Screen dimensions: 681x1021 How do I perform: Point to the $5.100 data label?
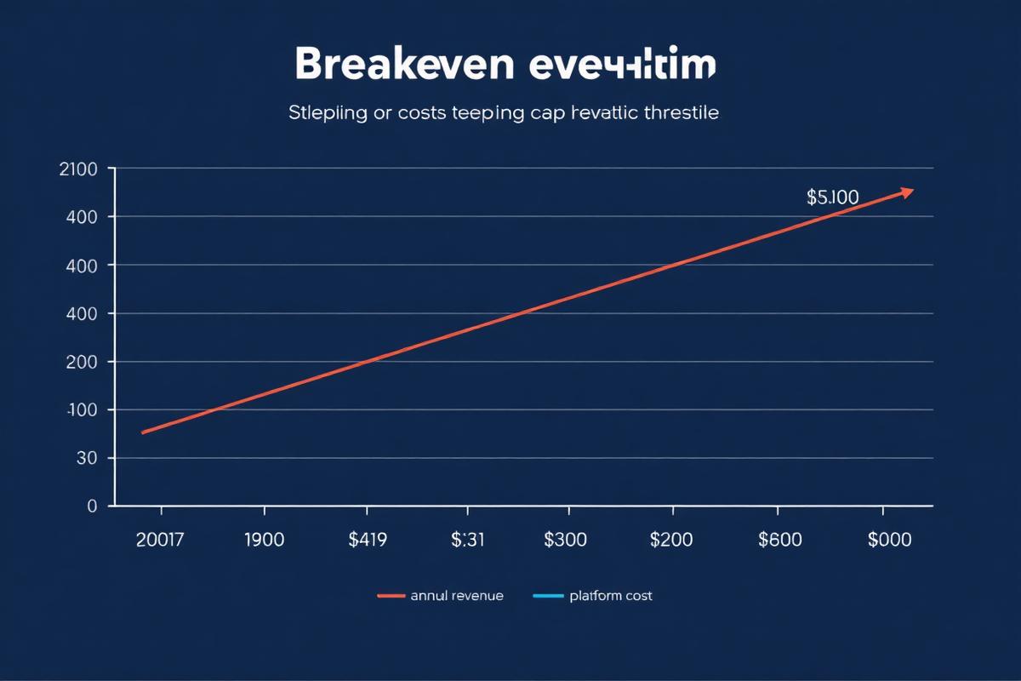tap(832, 197)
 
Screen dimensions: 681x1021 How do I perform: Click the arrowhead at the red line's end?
tap(907, 192)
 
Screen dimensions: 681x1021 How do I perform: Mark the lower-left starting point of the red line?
tap(143, 432)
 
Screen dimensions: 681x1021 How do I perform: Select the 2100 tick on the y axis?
tap(78, 169)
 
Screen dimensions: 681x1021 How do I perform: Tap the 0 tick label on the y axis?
tap(92, 506)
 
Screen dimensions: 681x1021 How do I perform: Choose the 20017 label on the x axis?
tap(159, 541)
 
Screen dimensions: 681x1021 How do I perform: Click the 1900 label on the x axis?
tap(264, 541)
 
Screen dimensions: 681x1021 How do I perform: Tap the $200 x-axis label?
tap(672, 541)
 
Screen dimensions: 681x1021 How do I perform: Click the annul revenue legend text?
tap(457, 596)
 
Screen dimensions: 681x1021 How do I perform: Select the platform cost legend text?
tap(611, 596)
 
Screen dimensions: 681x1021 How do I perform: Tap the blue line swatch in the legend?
tap(548, 596)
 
